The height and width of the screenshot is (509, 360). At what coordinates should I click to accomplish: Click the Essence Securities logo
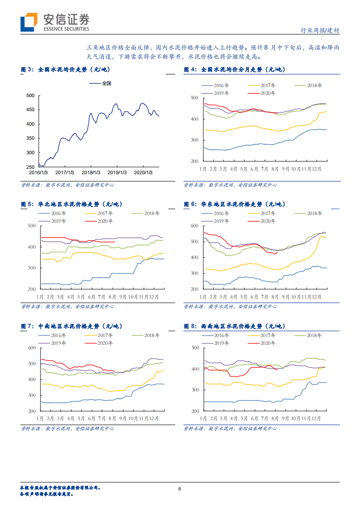tap(54, 22)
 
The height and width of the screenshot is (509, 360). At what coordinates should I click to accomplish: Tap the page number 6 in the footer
tap(180, 489)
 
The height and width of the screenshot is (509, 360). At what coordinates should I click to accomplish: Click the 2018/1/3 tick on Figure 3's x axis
tap(91, 172)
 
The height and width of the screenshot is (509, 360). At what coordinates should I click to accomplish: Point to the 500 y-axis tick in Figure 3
tap(30, 95)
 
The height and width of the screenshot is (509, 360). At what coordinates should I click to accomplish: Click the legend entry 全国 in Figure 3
tap(94, 83)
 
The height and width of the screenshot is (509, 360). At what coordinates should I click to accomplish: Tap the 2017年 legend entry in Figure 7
tap(105, 335)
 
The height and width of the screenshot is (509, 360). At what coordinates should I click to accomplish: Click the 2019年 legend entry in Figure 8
tap(222, 343)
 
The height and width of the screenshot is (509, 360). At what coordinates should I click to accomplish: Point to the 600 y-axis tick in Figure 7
tap(31, 348)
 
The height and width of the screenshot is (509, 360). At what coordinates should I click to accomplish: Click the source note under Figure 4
tap(230, 185)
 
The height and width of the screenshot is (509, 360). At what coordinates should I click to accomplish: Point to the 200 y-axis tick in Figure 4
tap(194, 162)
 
